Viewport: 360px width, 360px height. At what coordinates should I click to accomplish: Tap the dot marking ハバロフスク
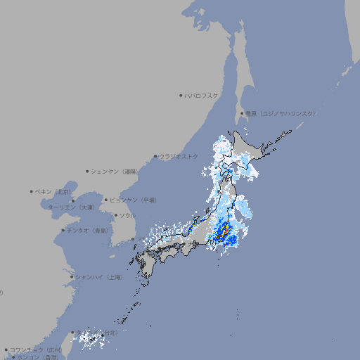pyautogui.click(x=181, y=95)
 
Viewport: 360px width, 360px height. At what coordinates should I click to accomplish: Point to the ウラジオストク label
pyautogui.click(x=179, y=156)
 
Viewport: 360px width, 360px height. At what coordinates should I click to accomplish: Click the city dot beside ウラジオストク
pyautogui.click(x=155, y=156)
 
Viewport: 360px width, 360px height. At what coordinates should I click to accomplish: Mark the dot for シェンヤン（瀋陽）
pyautogui.click(x=88, y=171)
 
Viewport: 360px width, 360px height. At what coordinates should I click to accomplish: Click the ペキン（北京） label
pyautogui.click(x=54, y=191)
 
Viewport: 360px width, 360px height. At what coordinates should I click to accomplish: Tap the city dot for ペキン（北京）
pyautogui.click(x=32, y=191)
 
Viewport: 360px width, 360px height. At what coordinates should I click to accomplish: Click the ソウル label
pyautogui.click(x=127, y=215)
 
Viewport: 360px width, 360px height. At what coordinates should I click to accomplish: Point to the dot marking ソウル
pyautogui.click(x=115, y=215)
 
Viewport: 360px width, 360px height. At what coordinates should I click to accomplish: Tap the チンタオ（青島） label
pyautogui.click(x=87, y=230)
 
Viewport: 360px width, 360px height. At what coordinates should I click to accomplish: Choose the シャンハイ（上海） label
pyautogui.click(x=99, y=277)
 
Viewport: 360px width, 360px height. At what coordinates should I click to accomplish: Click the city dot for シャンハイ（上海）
pyautogui.click(x=72, y=277)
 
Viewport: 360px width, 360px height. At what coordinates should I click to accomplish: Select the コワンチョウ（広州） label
pyautogui.click(x=36, y=349)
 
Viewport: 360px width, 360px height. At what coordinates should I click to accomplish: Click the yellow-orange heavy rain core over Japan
pyautogui.click(x=224, y=231)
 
